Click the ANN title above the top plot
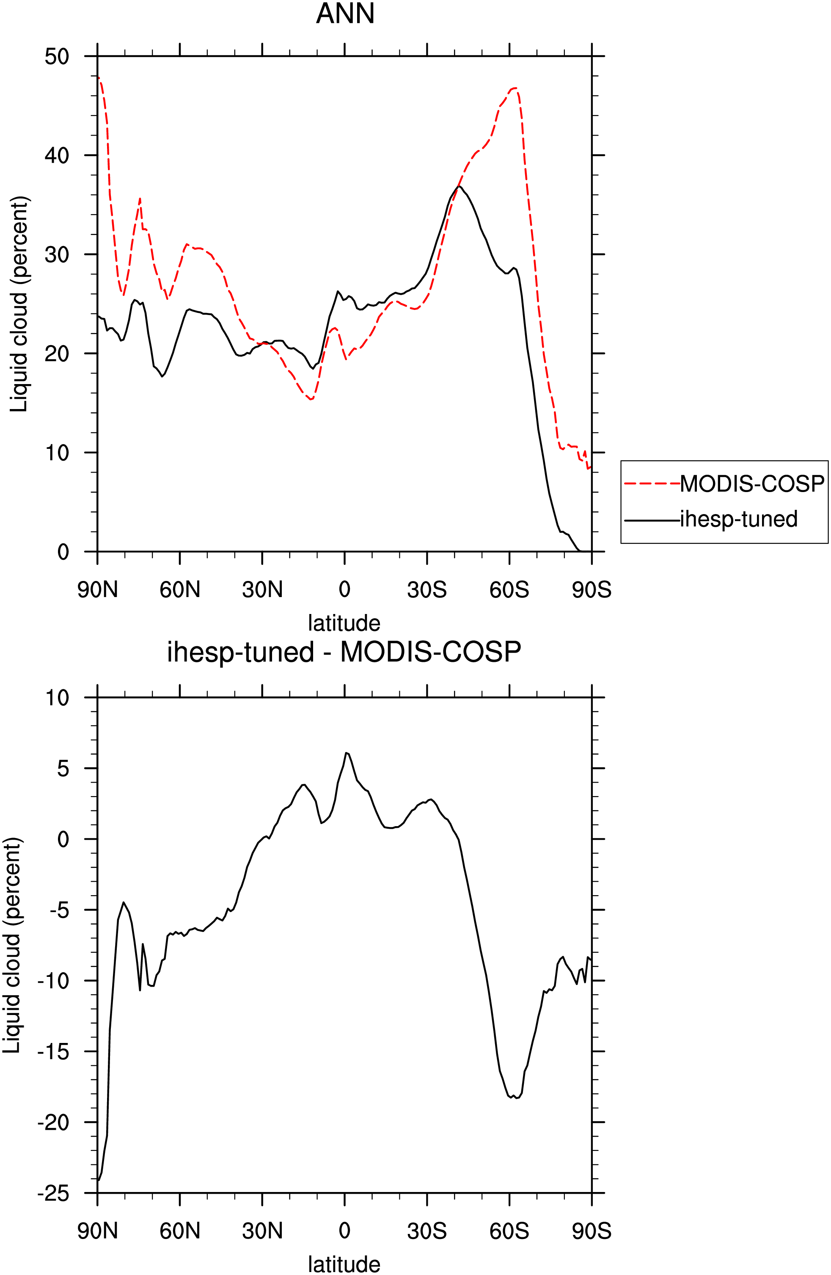tap(345, 14)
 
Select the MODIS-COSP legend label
tap(752, 484)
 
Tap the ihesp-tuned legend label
tap(739, 519)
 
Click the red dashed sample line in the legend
tap(652, 484)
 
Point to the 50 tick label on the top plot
tap(57, 56)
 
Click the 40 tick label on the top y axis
tap(57, 155)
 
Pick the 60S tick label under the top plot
tap(509, 590)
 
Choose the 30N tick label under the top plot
tap(262, 590)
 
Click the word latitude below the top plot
tap(344, 623)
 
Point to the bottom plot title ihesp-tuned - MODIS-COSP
tap(344, 652)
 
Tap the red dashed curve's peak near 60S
tap(514, 88)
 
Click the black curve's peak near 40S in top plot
tap(458, 186)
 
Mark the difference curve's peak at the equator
tap(346, 753)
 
